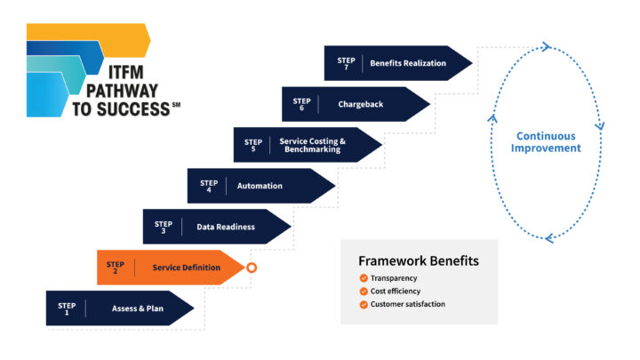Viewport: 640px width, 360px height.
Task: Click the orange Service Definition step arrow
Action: (x=171, y=268)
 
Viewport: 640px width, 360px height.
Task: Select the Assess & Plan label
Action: (x=138, y=308)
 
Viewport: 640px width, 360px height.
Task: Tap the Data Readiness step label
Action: (x=226, y=227)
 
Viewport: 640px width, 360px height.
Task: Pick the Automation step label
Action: (x=260, y=186)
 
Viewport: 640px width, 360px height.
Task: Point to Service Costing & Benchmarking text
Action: (x=312, y=145)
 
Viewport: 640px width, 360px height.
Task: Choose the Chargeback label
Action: (x=360, y=105)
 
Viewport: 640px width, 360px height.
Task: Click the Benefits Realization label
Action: (x=408, y=63)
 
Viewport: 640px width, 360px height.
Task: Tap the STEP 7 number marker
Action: (x=346, y=63)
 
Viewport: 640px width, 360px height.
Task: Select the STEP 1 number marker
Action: (x=67, y=308)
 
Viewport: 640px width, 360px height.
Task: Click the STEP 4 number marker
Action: (x=209, y=186)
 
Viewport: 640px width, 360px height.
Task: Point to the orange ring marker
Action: (x=252, y=268)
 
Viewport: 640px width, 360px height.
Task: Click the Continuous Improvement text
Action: (x=546, y=142)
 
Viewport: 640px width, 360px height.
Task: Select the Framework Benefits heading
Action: (x=419, y=260)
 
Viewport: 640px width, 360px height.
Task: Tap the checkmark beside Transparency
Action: (x=364, y=278)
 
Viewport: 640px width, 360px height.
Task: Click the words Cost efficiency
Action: (x=395, y=291)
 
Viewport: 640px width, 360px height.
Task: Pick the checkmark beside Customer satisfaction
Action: (x=364, y=305)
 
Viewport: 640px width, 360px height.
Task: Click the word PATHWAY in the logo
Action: (x=122, y=91)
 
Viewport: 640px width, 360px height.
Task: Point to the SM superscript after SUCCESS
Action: (x=176, y=105)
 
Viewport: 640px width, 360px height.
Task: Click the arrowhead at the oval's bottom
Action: (x=549, y=238)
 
